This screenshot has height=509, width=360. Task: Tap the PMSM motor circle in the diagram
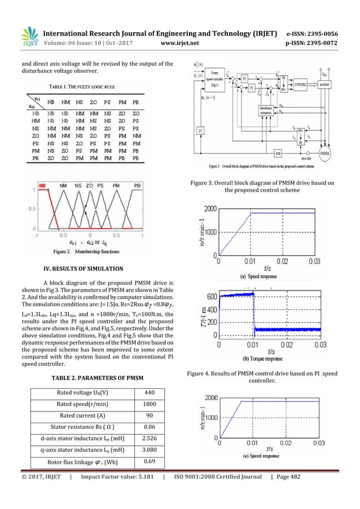tap(326, 153)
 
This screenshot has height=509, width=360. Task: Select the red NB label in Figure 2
tap(43, 185)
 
